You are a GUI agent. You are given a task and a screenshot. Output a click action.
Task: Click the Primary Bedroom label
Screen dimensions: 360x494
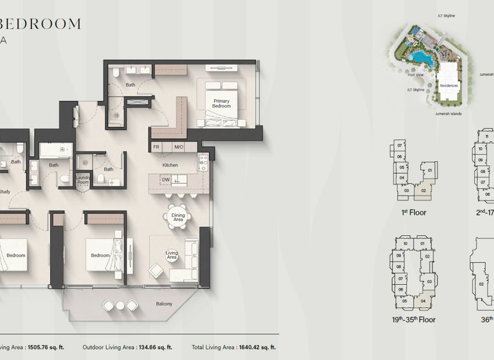pyautogui.click(x=221, y=103)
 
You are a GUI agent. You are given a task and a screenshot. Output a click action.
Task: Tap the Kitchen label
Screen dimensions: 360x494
pyautogui.click(x=170, y=165)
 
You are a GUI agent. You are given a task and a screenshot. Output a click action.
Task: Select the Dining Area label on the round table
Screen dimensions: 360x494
pyautogui.click(x=178, y=218)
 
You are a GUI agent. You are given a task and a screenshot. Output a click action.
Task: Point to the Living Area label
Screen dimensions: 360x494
pyautogui.click(x=172, y=255)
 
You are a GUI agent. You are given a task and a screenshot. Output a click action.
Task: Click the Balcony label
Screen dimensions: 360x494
pyautogui.click(x=164, y=303)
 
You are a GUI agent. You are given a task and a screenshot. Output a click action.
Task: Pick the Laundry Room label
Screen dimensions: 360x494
pyautogui.click(x=83, y=180)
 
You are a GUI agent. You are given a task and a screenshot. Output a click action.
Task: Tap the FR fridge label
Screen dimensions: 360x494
pyautogui.click(x=156, y=147)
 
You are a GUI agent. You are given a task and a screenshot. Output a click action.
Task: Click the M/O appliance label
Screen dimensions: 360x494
pyautogui.click(x=178, y=147)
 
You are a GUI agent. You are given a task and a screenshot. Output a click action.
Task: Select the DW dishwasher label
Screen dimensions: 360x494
pyautogui.click(x=166, y=180)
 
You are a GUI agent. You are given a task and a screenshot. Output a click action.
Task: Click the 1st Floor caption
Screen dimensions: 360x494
pyautogui.click(x=413, y=212)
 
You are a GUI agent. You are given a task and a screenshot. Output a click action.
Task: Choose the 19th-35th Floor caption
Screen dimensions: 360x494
pyautogui.click(x=414, y=319)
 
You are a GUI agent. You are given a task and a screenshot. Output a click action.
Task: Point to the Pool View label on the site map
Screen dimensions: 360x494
pyautogui.click(x=415, y=75)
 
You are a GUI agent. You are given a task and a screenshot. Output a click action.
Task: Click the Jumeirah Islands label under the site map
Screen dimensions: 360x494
pyautogui.click(x=448, y=114)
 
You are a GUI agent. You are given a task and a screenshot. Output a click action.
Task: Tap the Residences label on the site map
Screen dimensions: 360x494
pyautogui.click(x=448, y=85)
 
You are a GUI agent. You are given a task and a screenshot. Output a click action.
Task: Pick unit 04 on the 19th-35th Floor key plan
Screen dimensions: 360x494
pyautogui.click(x=423, y=301)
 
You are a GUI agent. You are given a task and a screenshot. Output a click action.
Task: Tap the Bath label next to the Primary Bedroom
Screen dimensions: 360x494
pyautogui.click(x=131, y=85)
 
